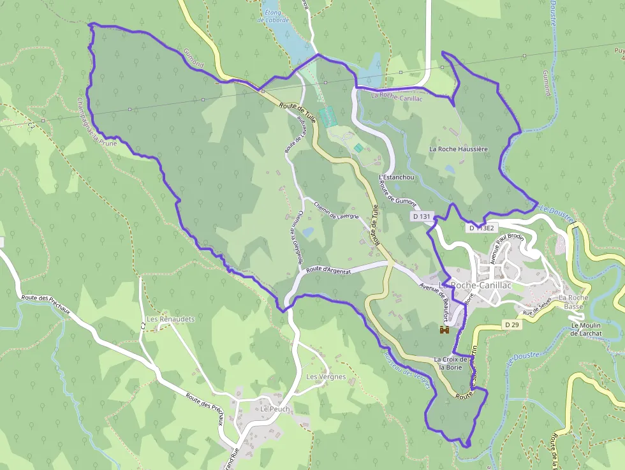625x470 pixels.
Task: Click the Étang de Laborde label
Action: (273, 16)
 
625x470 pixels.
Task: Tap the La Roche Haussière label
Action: (458, 149)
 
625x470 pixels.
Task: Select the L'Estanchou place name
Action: (396, 177)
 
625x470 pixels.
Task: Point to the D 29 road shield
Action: (512, 325)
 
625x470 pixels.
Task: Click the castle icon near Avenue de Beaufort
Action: (445, 330)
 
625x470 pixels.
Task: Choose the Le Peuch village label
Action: (275, 409)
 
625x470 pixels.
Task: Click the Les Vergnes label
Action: (326, 377)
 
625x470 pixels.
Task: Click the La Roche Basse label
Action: (573, 302)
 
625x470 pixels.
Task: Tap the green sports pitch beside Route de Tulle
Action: (327, 117)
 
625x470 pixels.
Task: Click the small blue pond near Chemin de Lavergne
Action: (308, 233)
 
